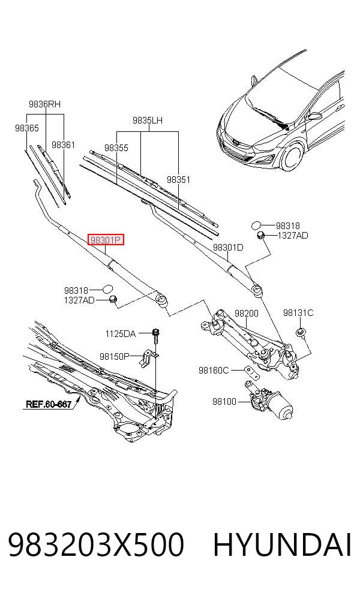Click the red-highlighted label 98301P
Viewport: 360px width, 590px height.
[x=106, y=240]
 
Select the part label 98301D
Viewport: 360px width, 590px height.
[x=228, y=247]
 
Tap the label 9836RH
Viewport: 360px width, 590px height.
[x=44, y=104]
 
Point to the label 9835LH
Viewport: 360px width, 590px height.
[x=147, y=121]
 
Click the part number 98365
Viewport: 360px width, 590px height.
[x=27, y=128]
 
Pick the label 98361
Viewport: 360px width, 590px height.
[x=63, y=145]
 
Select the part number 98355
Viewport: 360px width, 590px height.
[x=116, y=148]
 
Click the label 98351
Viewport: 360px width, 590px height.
[x=178, y=179]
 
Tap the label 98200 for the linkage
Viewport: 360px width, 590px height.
[x=246, y=313]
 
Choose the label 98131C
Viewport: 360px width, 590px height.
[x=298, y=312]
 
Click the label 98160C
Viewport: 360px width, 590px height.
[x=214, y=371]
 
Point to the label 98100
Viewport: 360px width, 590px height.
[x=224, y=402]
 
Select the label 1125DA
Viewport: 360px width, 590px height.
[x=120, y=333]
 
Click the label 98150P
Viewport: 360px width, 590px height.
[x=115, y=356]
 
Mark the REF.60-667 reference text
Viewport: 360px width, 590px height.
[x=49, y=405]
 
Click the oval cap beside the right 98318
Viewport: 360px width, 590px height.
[x=256, y=225]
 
